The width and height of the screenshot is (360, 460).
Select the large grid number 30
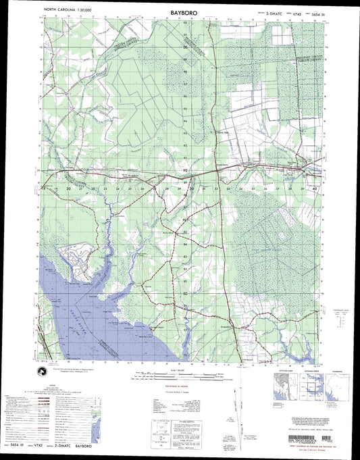pos(191,189)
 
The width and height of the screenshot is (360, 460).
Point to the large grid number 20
pos(70,190)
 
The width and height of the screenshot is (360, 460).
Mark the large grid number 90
pos(185,171)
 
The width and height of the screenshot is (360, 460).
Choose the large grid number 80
pos(185,294)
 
